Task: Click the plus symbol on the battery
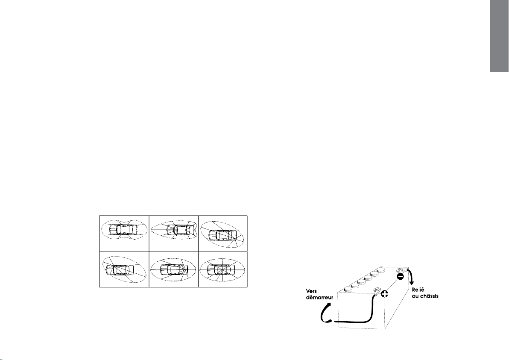pos(384,294)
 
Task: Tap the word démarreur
pos(319,297)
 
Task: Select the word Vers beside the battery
pos(311,291)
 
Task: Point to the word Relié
pos(418,290)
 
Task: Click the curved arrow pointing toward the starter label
pos(325,313)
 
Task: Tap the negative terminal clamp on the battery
pos(400,270)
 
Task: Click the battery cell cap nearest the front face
pos(347,289)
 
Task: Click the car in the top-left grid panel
pos(123,229)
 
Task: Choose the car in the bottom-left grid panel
pos(120,269)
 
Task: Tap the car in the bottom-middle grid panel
pos(174,269)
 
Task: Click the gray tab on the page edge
pos(500,36)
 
